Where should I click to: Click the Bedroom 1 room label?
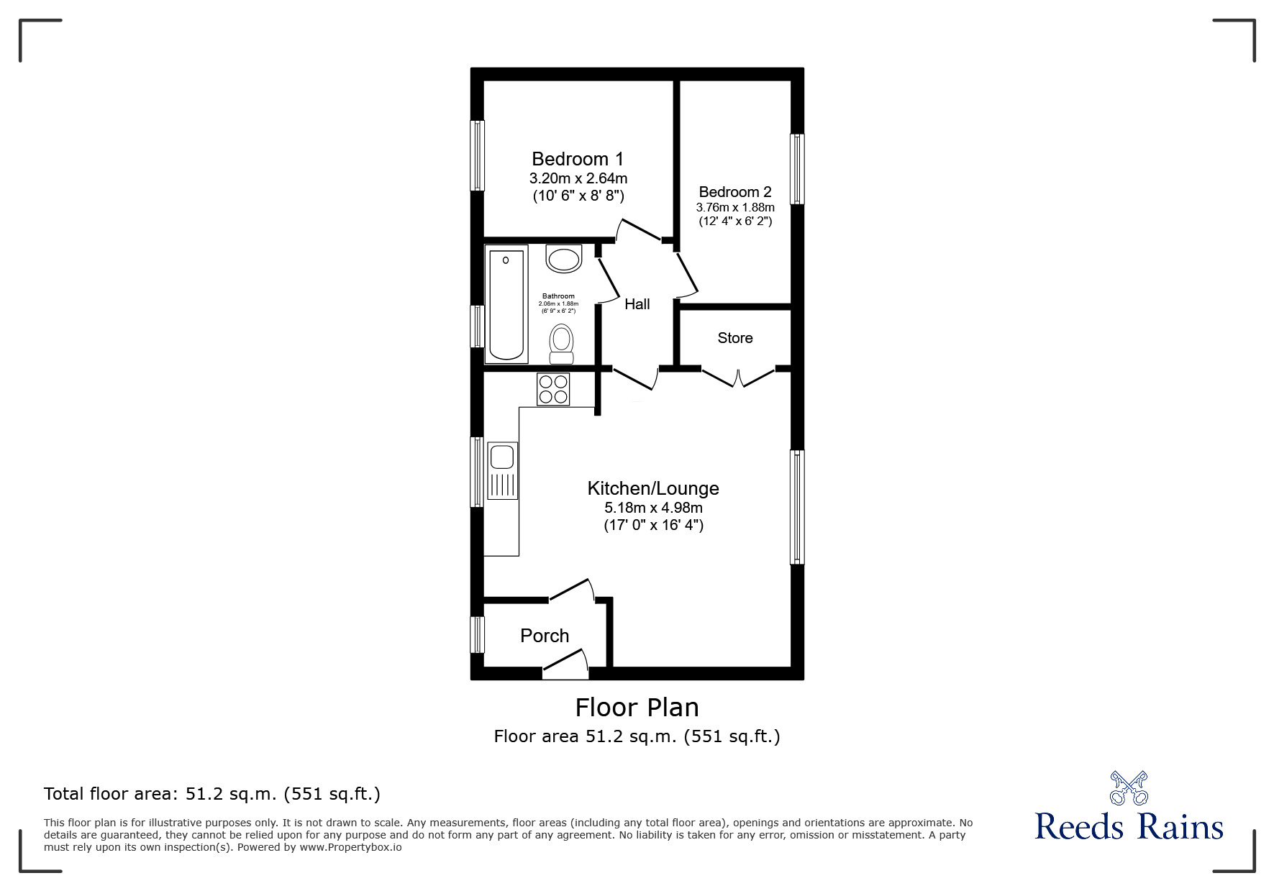[x=577, y=159]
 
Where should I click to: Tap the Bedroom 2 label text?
[x=734, y=192]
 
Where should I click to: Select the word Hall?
[x=637, y=304]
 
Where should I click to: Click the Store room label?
[x=734, y=338]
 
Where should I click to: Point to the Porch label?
[x=545, y=636]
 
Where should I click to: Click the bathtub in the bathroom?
[x=506, y=303]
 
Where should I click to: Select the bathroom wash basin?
[x=563, y=259]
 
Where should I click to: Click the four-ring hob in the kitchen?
[x=553, y=388]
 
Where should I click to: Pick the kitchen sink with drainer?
[x=502, y=470]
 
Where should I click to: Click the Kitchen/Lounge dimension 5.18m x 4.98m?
[x=653, y=508]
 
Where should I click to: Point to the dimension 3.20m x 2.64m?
[x=578, y=178]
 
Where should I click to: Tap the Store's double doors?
[x=738, y=378]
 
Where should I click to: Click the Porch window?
[x=477, y=634]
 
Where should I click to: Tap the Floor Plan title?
[x=637, y=708]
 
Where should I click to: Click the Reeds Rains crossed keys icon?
[x=1128, y=787]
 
